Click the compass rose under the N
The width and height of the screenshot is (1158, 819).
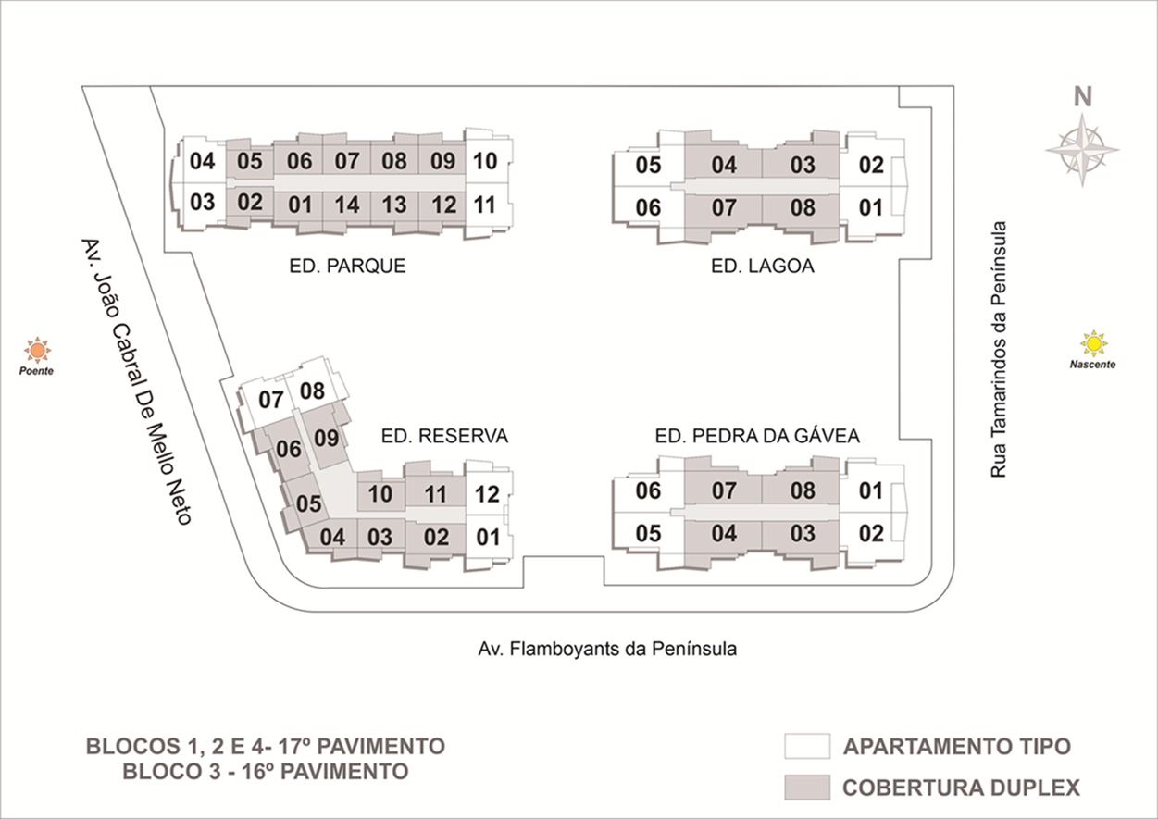tap(1082, 150)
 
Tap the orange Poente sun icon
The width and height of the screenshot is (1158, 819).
tap(37, 350)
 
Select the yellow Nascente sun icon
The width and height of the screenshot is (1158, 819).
tap(1093, 343)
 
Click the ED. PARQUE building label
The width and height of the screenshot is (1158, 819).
tap(347, 267)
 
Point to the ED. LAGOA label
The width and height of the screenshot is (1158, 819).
tap(763, 267)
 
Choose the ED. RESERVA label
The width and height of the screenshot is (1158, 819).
tap(444, 436)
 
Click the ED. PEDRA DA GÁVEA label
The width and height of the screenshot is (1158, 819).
tap(757, 436)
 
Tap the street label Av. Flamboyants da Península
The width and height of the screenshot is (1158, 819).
tap(607, 649)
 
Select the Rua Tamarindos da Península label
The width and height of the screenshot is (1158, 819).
tap(999, 349)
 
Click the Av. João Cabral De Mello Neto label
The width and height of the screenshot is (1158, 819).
tap(136, 381)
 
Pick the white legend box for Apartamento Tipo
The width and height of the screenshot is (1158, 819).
tap(807, 746)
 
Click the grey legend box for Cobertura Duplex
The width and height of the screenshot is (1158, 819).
tap(807, 788)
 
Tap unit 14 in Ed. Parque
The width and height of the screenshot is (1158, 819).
tap(347, 205)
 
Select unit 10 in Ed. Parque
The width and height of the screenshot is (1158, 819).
tap(485, 161)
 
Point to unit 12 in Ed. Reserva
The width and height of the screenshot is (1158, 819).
tap(487, 494)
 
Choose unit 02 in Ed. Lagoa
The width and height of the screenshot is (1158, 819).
tap(872, 166)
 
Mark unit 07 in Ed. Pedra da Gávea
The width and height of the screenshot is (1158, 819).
tap(724, 490)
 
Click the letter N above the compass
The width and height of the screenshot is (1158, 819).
tap(1083, 96)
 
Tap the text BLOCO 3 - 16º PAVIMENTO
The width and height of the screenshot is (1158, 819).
tap(266, 772)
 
